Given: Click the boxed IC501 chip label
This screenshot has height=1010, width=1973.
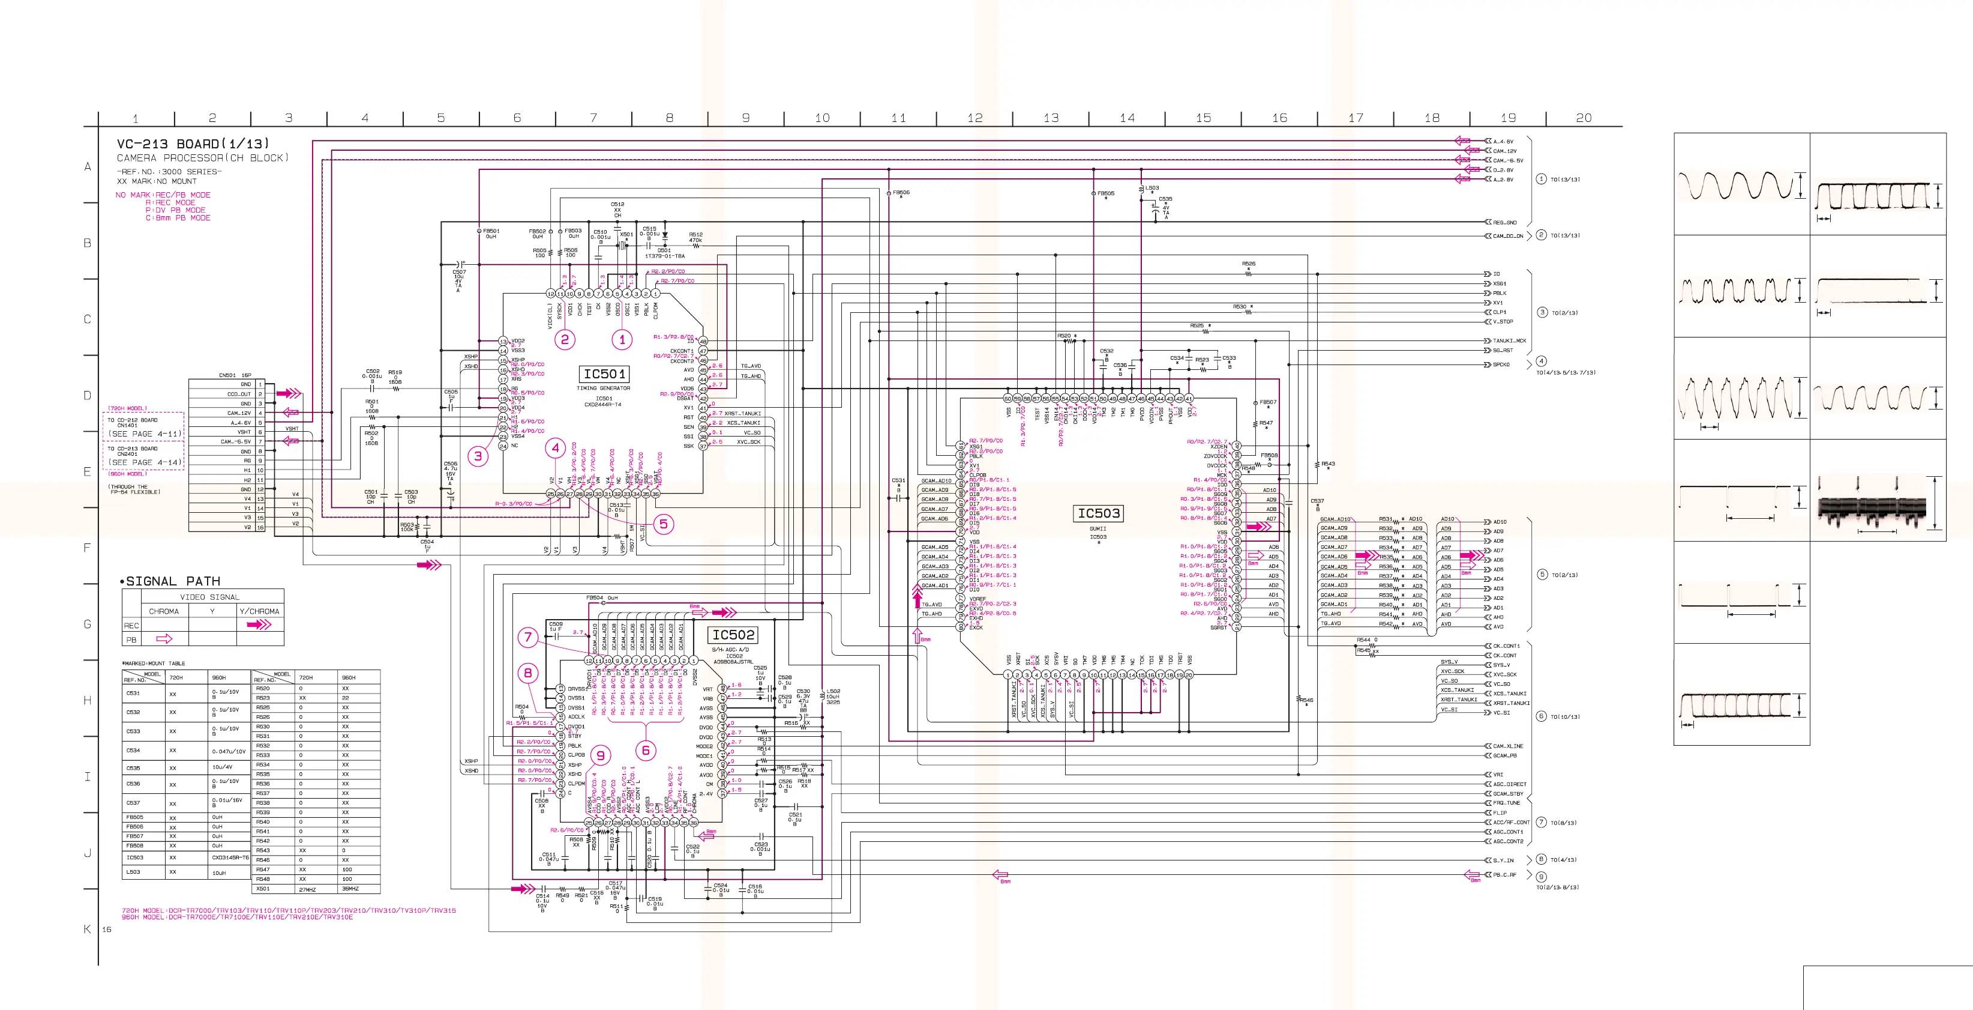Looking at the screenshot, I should coord(604,374).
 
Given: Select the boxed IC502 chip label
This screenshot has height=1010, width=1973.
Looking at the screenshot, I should coord(733,635).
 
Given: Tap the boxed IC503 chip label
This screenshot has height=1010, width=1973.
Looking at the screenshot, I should coord(1098,513).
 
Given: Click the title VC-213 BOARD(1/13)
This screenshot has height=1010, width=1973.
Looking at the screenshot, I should coord(192,144).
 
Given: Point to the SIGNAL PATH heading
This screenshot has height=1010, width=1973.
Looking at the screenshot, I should coord(172,581).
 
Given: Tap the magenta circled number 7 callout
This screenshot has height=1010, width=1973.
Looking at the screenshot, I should coord(527,637).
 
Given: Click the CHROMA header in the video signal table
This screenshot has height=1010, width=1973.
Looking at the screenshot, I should coord(164,611).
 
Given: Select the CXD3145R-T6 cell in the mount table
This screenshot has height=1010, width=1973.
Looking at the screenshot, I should coord(230,857).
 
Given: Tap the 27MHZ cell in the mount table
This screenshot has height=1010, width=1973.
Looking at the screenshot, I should coord(307,889).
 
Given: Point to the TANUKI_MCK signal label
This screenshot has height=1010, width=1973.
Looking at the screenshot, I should coord(1509,341).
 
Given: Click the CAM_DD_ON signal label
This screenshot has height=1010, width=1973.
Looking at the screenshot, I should coord(1508,236).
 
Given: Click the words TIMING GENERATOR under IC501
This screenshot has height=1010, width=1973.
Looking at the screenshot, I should coord(604,389).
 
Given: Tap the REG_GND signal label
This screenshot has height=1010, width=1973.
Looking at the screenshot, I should coord(1504,222).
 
